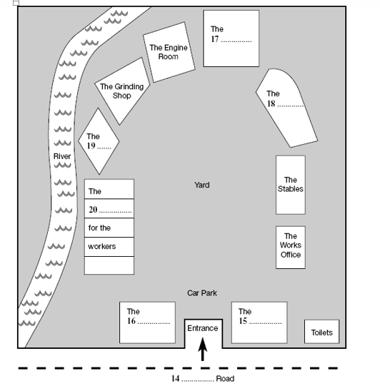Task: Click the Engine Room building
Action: pos(169,51)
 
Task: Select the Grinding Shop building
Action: pos(123,91)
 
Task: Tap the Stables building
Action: pos(290,185)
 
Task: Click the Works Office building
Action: pos(290,246)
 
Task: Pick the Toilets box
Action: pos(321,332)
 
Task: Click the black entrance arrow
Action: pos(202,350)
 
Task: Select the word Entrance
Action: pos(202,328)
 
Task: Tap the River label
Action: pos(61,156)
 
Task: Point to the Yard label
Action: pos(202,185)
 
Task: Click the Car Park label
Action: pos(202,293)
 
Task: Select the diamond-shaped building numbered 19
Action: pos(99,141)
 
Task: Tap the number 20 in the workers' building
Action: pos(93,210)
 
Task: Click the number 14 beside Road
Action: pos(176,379)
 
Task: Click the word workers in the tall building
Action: pos(101,246)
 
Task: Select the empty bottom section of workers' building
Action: pos(109,265)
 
